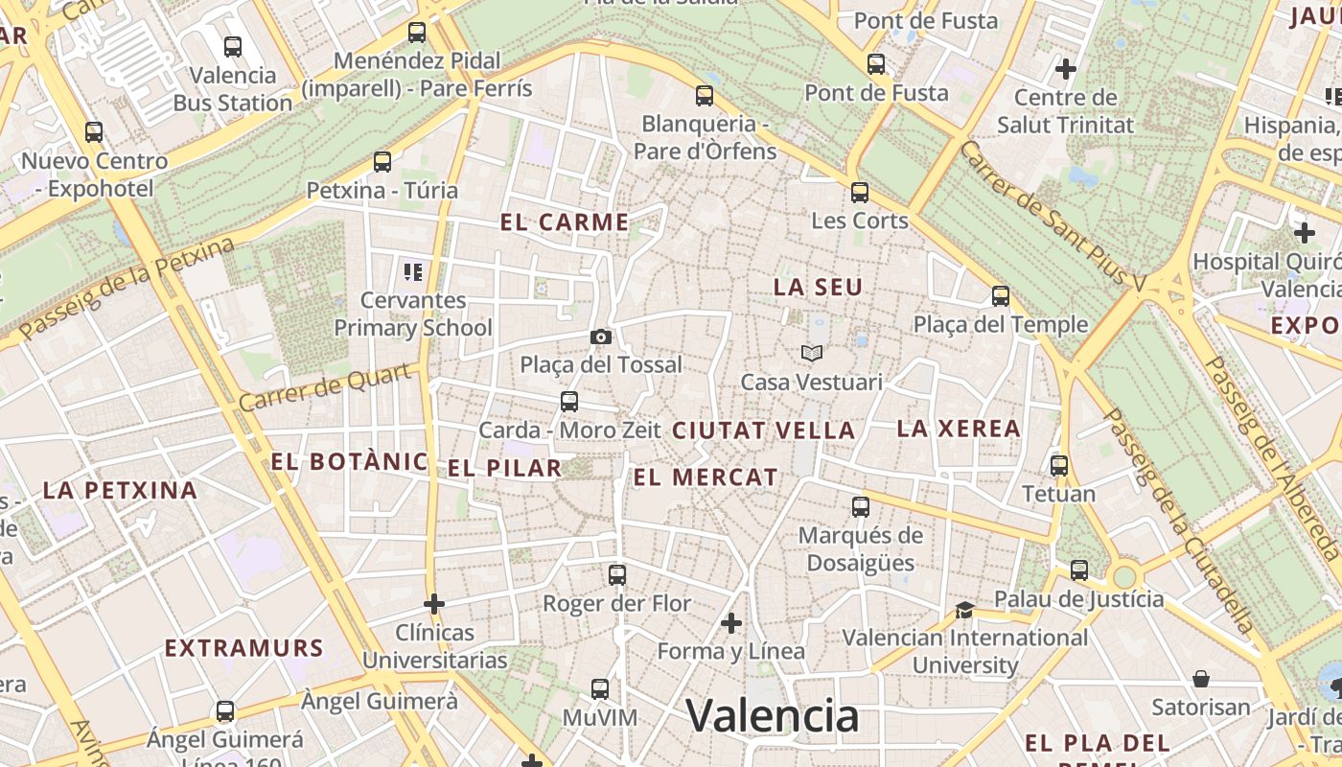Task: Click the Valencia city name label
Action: tap(772, 715)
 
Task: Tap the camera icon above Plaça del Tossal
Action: tap(601, 337)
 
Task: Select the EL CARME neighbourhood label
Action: tap(565, 222)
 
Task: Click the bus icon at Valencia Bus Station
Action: tap(233, 46)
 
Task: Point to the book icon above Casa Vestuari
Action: tap(812, 354)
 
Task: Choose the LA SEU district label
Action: tap(818, 287)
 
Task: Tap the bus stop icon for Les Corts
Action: tap(860, 192)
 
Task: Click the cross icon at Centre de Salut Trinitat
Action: tap(1065, 69)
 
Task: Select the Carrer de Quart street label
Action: tap(328, 387)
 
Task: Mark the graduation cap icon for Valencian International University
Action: tap(964, 611)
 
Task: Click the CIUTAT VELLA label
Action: tap(763, 430)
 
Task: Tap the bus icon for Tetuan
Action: tap(1059, 466)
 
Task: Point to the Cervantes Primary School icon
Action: tap(413, 272)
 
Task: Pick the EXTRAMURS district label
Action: tap(243, 648)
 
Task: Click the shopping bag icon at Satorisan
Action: tap(1201, 679)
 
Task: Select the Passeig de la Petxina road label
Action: tap(127, 289)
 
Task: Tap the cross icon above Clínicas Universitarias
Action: tap(434, 604)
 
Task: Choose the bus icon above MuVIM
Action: tap(600, 689)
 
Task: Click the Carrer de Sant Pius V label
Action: tap(1052, 217)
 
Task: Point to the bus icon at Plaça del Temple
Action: tap(1001, 296)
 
